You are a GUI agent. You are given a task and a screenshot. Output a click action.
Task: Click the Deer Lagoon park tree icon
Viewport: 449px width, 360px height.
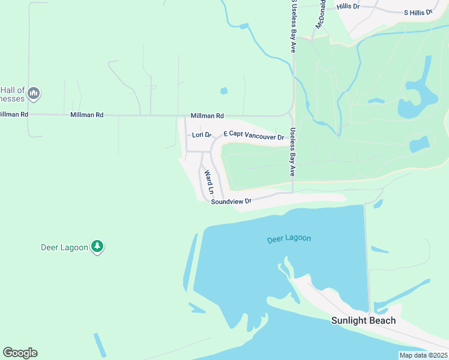point(97,247)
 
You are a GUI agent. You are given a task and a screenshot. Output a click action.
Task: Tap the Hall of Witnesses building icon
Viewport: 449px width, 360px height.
point(34,93)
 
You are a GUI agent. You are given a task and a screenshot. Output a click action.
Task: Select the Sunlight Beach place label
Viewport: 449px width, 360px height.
point(363,320)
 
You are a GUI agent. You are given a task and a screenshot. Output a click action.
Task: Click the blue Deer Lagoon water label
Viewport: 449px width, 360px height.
point(289,239)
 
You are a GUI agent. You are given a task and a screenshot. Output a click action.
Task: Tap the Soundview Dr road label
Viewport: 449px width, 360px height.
point(231,202)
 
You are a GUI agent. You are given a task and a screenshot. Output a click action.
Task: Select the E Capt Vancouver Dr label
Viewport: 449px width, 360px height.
point(253,136)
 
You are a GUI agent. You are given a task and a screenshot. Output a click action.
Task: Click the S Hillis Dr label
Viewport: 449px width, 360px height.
point(417,12)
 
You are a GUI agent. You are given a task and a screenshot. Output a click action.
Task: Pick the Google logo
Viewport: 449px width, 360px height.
point(20,353)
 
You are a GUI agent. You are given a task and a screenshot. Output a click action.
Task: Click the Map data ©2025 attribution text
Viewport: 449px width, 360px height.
point(423,355)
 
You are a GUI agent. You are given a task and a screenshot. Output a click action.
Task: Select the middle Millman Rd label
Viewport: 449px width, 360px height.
point(86,115)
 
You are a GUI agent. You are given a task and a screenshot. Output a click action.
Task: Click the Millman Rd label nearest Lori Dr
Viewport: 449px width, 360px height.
point(207,115)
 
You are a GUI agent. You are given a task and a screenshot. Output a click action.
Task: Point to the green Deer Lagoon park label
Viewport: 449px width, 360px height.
point(64,247)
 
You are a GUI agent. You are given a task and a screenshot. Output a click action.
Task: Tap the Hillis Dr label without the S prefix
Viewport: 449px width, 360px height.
point(348,6)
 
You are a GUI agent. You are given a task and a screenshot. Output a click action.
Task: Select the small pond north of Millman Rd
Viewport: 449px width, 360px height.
point(224,91)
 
